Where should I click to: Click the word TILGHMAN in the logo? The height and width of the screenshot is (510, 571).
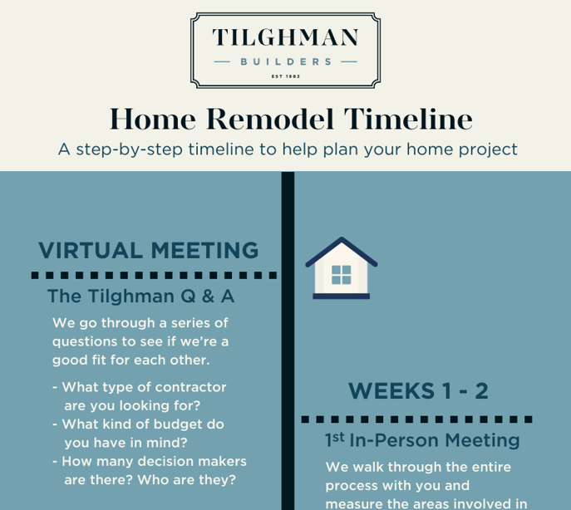[285, 37]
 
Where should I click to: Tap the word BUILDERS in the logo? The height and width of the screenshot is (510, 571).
[286, 62]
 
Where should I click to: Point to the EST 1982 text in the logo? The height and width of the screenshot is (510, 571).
[286, 76]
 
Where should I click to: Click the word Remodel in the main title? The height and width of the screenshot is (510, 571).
[270, 119]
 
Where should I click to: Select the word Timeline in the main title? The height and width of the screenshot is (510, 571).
[408, 119]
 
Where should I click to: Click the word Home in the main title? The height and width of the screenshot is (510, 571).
[153, 119]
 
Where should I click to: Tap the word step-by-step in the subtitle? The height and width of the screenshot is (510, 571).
[130, 150]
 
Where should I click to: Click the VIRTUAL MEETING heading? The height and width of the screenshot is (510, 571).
[149, 251]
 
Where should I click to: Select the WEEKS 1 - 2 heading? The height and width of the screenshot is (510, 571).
[418, 391]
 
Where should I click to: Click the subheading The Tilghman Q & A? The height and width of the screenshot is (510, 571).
[141, 297]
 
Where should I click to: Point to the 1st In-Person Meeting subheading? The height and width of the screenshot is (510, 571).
[422, 440]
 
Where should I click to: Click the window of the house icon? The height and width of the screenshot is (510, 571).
[342, 275]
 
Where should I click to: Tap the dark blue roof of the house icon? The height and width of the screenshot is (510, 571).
[342, 252]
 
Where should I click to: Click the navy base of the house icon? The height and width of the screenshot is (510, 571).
[342, 297]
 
